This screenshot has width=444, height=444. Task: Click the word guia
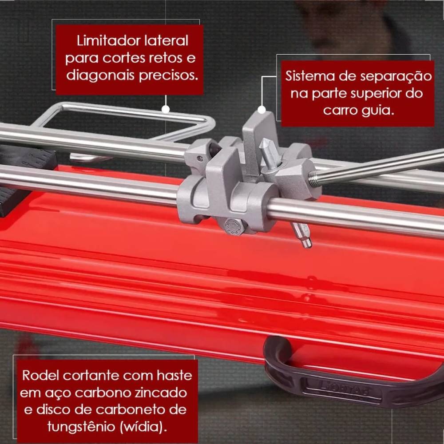click(x=377, y=110)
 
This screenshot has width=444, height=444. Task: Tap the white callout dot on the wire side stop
click(x=166, y=108)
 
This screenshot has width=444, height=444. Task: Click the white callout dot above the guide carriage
click(x=262, y=109)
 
